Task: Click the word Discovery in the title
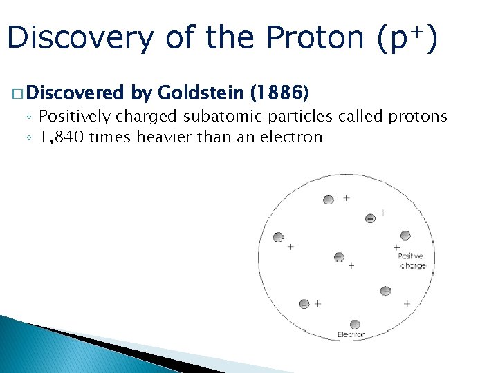80,38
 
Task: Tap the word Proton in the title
315,38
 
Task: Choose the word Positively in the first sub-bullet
73,116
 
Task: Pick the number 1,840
62,137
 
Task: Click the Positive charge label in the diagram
412,261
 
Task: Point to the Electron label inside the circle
351,335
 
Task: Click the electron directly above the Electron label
355,324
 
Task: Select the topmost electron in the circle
328,200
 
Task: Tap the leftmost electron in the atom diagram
278,237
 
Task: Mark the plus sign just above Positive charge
396,247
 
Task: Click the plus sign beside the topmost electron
346,198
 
